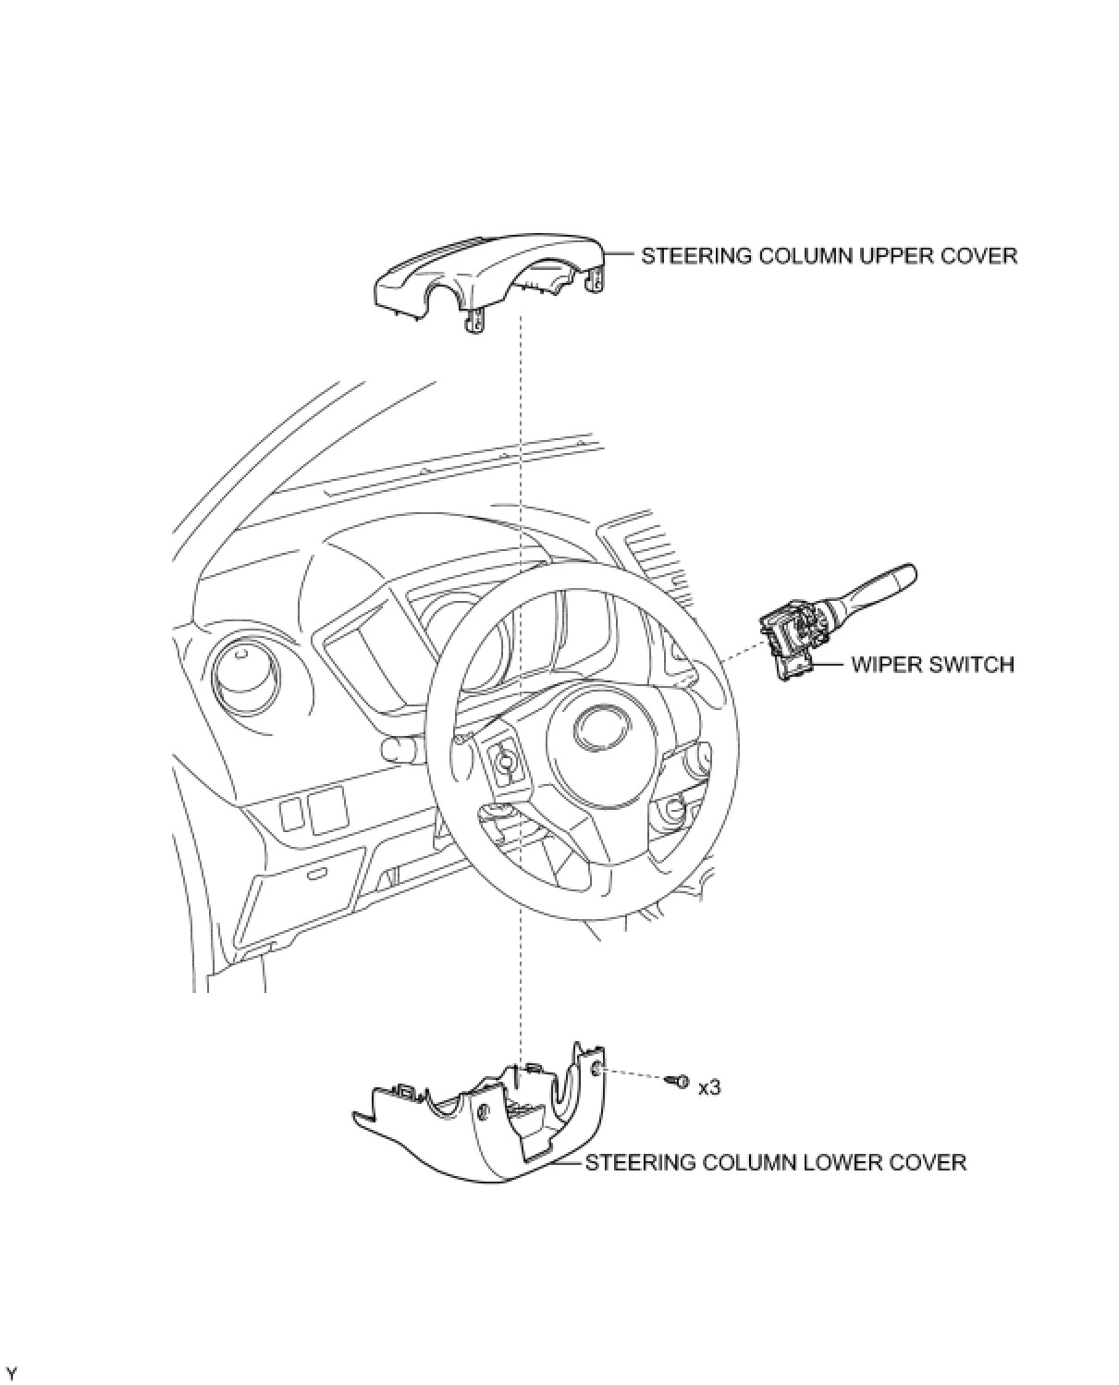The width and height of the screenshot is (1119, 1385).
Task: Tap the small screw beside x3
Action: [x=682, y=1080]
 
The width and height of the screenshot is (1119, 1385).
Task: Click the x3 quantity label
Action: [x=709, y=1088]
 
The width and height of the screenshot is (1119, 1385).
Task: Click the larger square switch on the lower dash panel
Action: [x=326, y=811]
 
